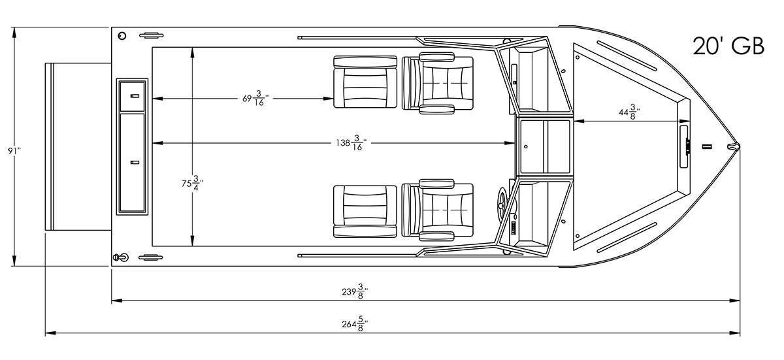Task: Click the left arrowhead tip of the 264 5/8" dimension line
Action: [46, 333]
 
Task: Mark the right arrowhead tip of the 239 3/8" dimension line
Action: [740, 300]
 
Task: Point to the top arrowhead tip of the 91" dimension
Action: [14, 27]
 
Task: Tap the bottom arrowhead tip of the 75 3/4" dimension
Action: [192, 246]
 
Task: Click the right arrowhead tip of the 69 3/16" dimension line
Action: [334, 99]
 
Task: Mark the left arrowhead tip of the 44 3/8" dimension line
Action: [574, 122]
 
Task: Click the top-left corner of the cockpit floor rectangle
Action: [152, 47]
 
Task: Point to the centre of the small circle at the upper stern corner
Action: [122, 36]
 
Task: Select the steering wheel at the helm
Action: [503, 203]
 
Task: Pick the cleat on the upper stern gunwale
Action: [152, 35]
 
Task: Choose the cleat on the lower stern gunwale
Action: [151, 258]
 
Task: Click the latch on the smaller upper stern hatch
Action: [135, 96]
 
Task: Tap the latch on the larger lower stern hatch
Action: [135, 162]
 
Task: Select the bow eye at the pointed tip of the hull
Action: [734, 146]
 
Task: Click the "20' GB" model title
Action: [728, 46]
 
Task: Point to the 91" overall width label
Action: [14, 151]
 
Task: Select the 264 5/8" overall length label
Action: [355, 324]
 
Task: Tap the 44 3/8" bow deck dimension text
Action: [629, 112]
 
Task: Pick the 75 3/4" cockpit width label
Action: [192, 184]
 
